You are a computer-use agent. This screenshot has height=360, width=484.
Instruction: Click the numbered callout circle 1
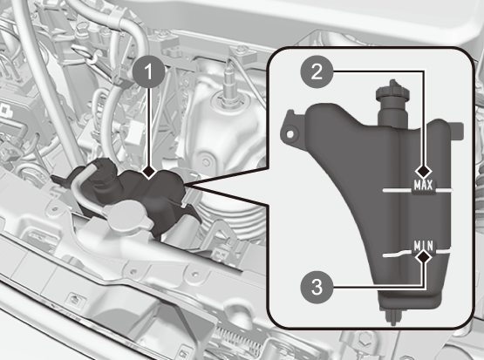148,72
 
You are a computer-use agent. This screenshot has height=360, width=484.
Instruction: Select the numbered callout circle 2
317,72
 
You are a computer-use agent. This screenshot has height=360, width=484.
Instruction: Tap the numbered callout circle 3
317,287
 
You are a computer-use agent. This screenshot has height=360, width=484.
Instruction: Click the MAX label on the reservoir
423,185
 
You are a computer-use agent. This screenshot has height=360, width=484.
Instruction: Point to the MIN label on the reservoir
424,246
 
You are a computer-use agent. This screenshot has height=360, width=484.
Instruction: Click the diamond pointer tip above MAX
423,171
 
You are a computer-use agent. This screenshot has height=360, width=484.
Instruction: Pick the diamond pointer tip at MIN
424,256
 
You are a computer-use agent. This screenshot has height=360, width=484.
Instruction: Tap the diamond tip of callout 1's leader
149,171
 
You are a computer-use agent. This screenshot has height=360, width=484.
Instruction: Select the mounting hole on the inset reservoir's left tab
290,134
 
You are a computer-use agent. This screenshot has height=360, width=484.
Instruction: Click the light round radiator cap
126,217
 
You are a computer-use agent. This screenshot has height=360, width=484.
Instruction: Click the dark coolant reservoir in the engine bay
136,197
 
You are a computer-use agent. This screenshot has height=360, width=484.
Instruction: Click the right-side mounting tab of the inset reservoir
459,130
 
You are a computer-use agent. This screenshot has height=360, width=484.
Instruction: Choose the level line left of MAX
398,190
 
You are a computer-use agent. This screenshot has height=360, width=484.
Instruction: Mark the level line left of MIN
399,254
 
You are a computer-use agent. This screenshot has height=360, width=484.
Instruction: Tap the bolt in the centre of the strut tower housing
206,162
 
